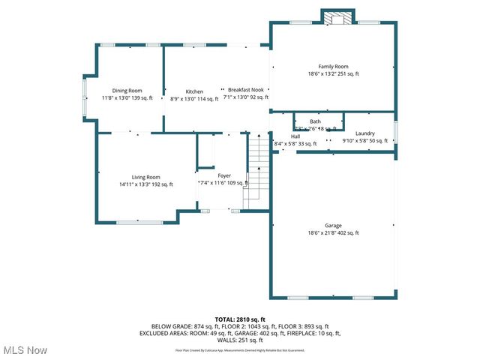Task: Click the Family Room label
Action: tap(333, 66)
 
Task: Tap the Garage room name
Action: tap(333, 225)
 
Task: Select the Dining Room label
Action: tap(127, 91)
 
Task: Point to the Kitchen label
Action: tap(194, 91)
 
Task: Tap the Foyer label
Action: tap(214, 175)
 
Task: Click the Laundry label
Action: tap(364, 133)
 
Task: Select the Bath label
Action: tap(315, 121)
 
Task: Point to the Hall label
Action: tap(295, 136)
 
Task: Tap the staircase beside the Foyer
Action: tap(257, 169)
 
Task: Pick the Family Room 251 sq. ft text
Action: tap(346, 74)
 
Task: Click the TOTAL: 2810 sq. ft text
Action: tap(240, 319)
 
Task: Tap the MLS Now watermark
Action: tap(25, 350)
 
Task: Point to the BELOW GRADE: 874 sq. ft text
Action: tap(181, 326)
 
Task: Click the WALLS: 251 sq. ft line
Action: tap(240, 340)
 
